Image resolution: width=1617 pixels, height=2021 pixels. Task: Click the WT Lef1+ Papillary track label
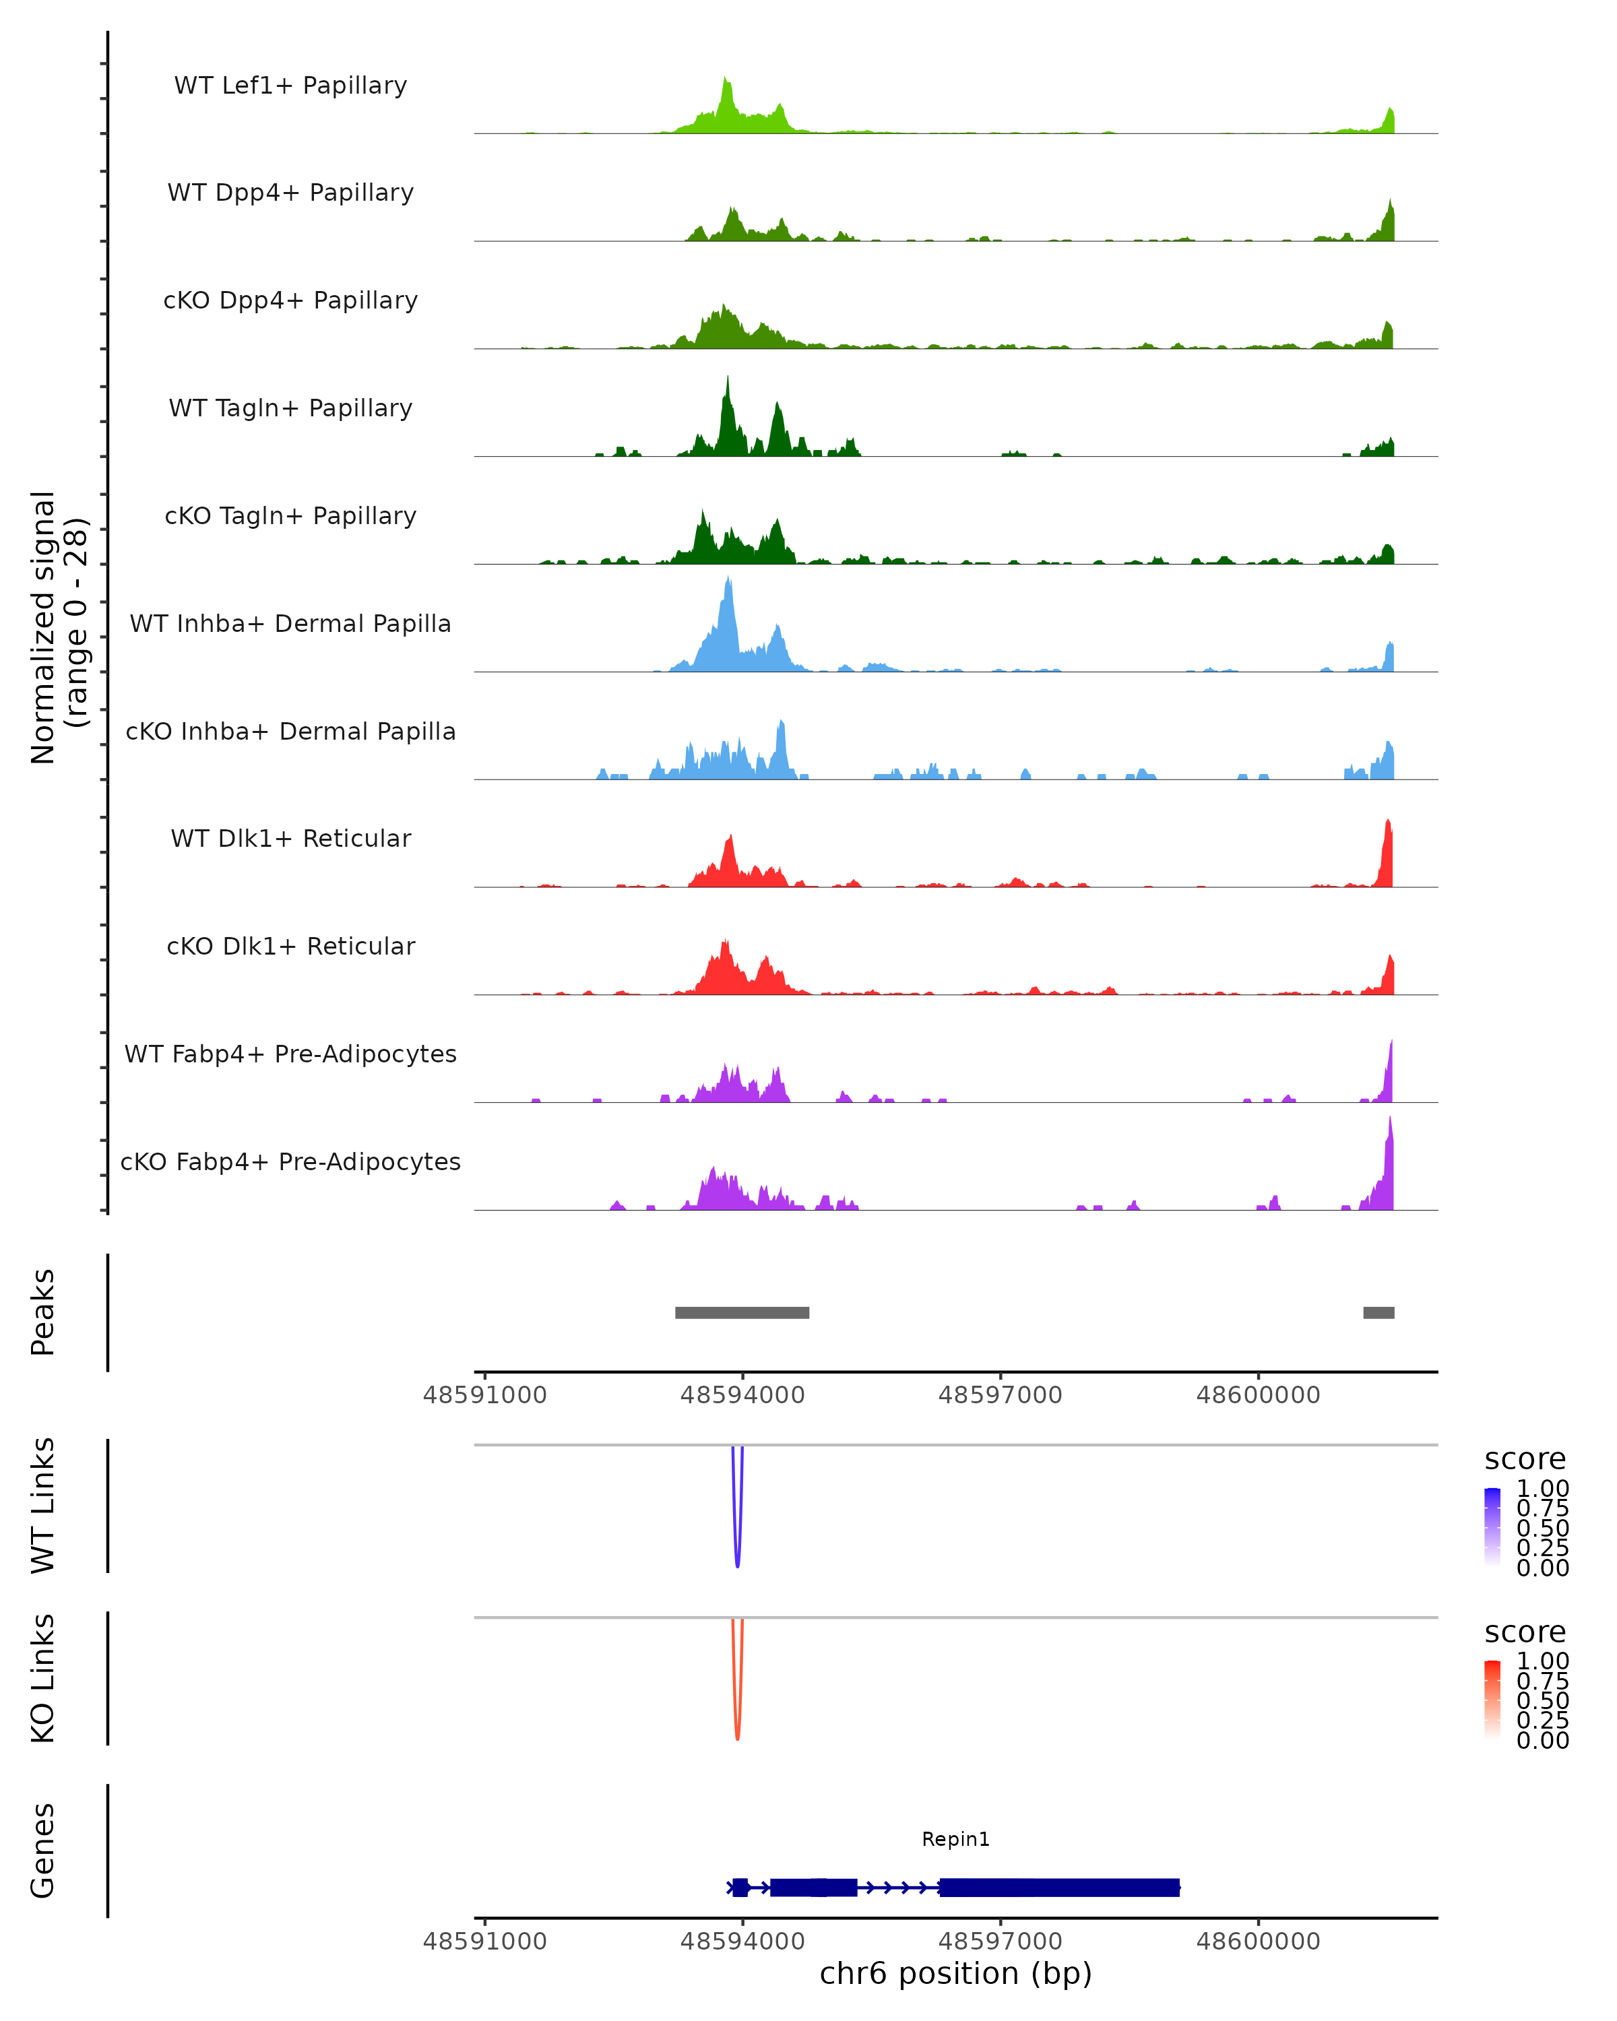[x=290, y=86]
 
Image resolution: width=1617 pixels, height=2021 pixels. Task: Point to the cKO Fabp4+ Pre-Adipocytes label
[x=290, y=1161]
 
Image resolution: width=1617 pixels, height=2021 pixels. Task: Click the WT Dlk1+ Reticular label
[x=290, y=838]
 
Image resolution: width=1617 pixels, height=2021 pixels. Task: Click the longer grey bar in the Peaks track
[x=742, y=1312]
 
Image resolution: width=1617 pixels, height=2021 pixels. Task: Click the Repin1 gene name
[x=955, y=1839]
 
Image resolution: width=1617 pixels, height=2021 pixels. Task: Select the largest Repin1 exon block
[x=1059, y=1887]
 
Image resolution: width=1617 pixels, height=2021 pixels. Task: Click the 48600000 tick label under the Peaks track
[x=1258, y=1395]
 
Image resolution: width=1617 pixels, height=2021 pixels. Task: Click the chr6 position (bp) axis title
[x=955, y=1974]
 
